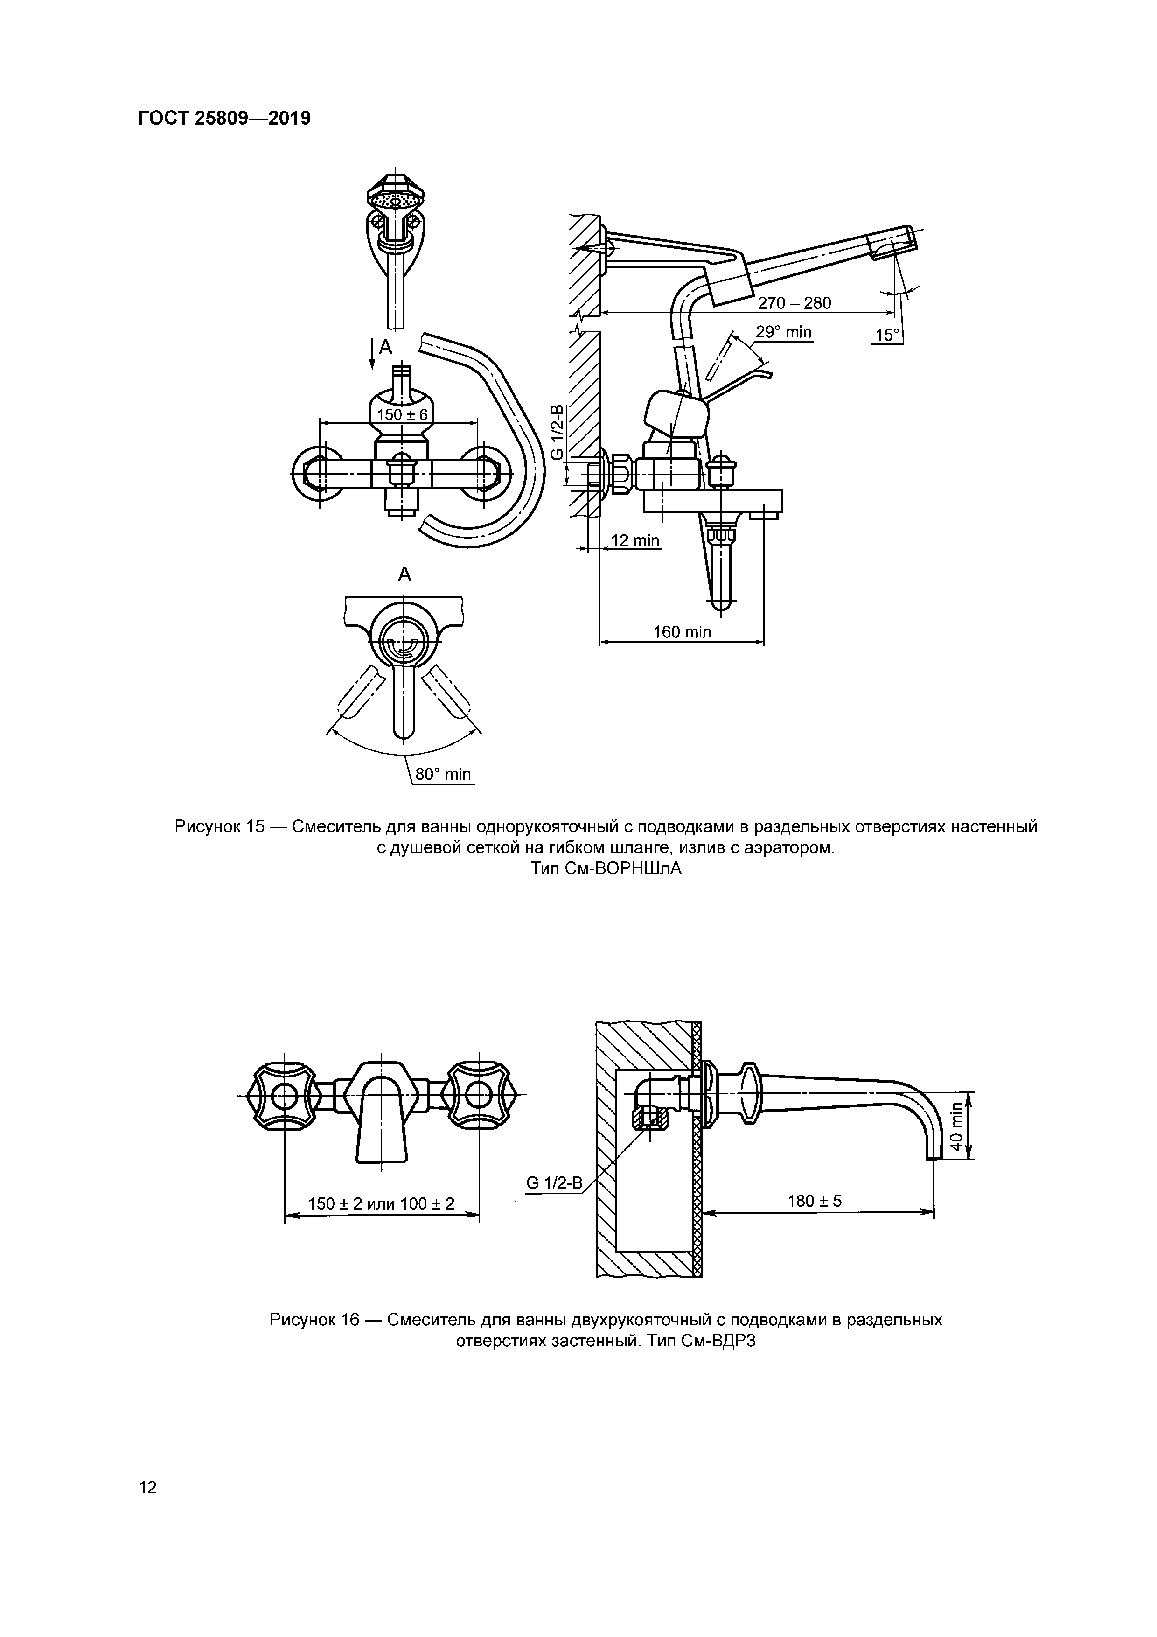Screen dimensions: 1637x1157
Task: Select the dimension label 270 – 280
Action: click(794, 303)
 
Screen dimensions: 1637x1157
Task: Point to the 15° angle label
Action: click(886, 335)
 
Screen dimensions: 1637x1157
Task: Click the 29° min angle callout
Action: click(783, 332)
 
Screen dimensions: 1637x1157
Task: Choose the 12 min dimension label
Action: click(635, 540)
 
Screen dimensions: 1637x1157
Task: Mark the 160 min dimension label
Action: click(682, 632)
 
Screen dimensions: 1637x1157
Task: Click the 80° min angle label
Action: click(443, 774)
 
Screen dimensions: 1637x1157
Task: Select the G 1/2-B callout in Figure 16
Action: click(554, 1183)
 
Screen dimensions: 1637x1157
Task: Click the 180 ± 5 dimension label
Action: click(814, 1201)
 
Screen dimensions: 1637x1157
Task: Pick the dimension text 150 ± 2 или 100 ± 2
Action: click(381, 1204)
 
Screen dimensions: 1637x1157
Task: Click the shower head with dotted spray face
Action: click(396, 199)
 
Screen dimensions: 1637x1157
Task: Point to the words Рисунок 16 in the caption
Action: click(314, 1320)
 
